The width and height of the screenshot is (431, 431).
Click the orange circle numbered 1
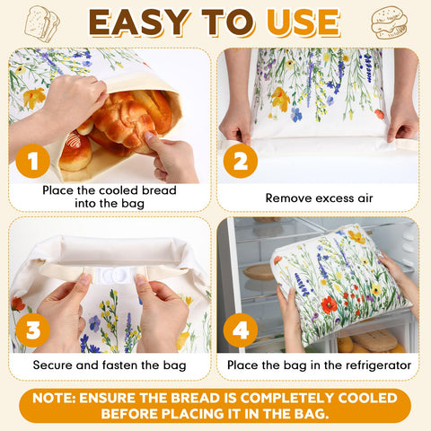coord(33,162)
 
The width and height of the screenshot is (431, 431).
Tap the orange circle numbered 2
coord(240,162)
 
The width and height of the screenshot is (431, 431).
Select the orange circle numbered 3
coord(33,330)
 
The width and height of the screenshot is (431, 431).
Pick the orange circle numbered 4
coord(240,330)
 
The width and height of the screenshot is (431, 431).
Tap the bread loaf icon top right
coord(389,22)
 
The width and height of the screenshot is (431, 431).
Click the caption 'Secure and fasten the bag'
coord(110,365)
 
